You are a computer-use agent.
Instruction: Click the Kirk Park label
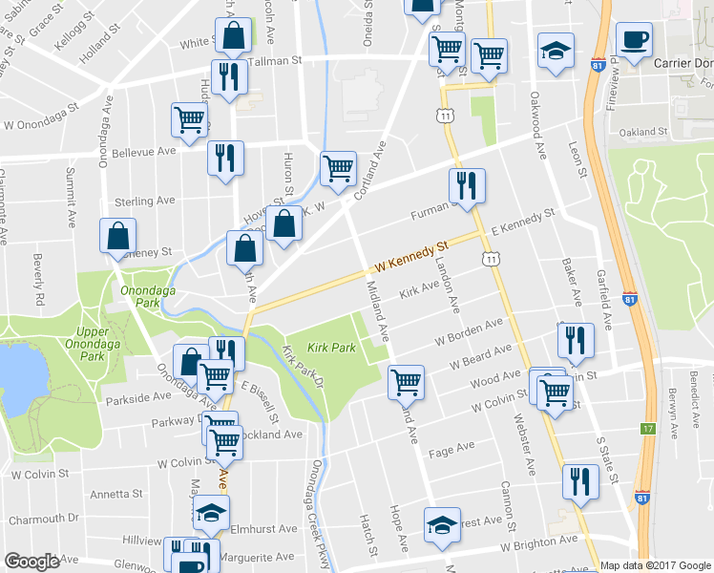pos(331,349)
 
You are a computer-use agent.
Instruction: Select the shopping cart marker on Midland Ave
pos(407,382)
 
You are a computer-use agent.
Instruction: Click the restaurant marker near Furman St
pos(467,185)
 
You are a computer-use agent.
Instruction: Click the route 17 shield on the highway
pos(650,429)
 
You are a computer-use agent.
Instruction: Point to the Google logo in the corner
pos(31,562)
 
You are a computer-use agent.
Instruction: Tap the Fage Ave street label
pos(452,448)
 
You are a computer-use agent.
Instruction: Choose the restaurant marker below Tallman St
pos(227,77)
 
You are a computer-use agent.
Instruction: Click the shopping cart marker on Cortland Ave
pos(338,169)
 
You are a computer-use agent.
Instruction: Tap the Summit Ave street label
pos(70,198)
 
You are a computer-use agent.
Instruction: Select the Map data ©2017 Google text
pos(655,564)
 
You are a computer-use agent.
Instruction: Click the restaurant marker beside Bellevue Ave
pos(225,158)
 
